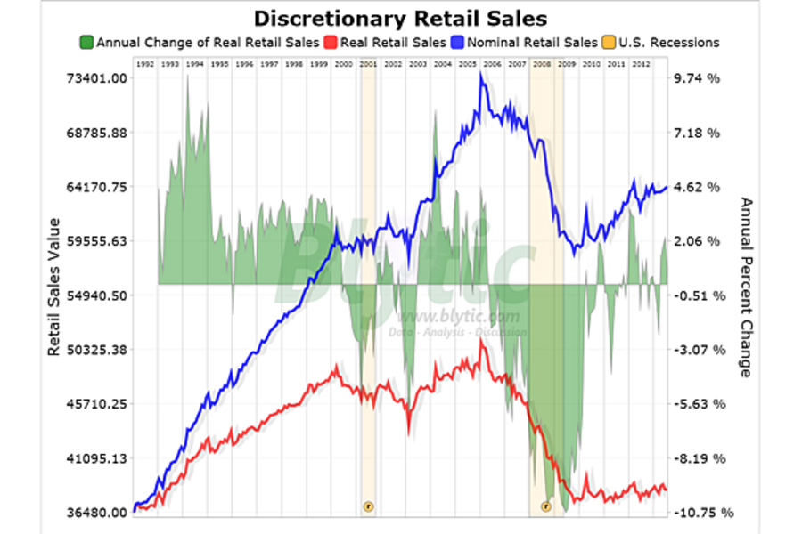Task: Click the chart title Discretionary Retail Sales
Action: coord(399,18)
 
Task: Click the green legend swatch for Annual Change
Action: coord(86,42)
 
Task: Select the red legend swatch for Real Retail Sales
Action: coord(330,42)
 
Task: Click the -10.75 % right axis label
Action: coord(701,513)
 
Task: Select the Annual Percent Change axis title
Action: coord(747,287)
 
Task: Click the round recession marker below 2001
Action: coord(368,506)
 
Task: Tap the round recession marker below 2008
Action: coord(546,506)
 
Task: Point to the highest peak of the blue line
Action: coord(481,75)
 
